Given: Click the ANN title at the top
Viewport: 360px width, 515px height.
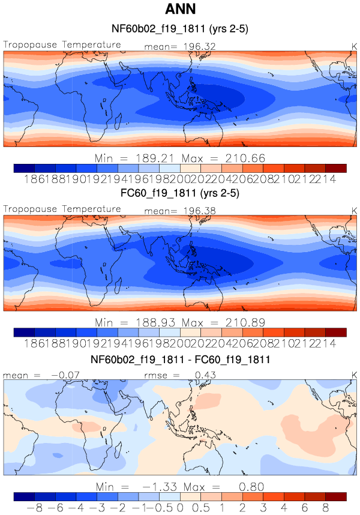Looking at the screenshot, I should coord(180,10).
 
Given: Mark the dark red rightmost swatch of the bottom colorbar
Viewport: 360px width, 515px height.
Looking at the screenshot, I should coord(336,497).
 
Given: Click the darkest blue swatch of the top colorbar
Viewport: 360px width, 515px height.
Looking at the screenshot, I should coord(24,168).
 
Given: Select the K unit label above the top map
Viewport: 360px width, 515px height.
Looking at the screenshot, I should coord(353,46).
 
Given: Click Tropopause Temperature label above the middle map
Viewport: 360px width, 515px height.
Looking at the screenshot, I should coord(62,209).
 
